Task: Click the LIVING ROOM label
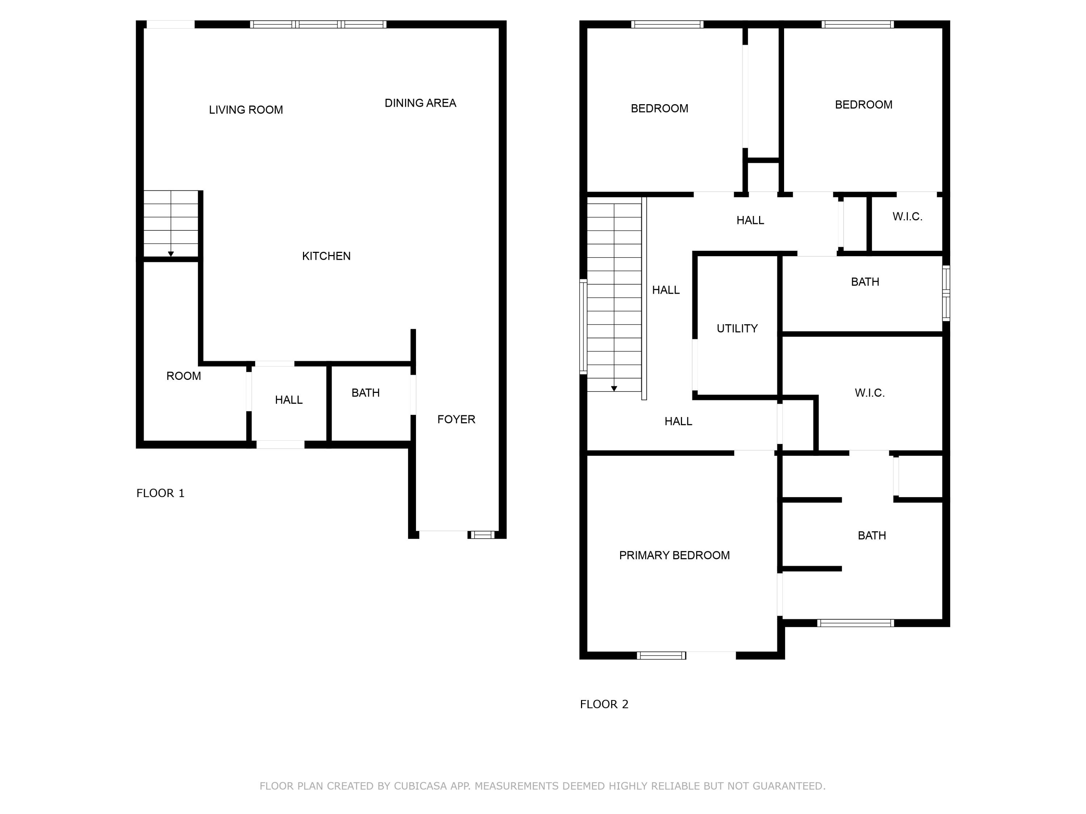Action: pos(246,110)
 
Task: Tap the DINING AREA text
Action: pos(420,103)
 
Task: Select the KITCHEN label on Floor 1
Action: pos(327,256)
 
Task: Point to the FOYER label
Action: pos(456,420)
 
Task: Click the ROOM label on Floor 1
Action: pos(184,376)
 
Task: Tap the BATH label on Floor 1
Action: pos(366,393)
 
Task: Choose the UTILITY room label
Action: pos(737,329)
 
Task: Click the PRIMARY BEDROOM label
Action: pos(674,555)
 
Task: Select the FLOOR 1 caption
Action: pos(160,493)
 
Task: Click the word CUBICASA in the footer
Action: pos(420,786)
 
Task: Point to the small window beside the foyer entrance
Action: pos(481,535)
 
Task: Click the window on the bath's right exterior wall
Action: pos(946,293)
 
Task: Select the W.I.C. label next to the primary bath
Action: pos(870,393)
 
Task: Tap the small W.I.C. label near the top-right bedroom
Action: pos(907,217)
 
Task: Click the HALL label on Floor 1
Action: pos(289,400)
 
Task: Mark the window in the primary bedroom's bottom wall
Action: pos(661,656)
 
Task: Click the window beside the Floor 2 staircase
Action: pos(583,327)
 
